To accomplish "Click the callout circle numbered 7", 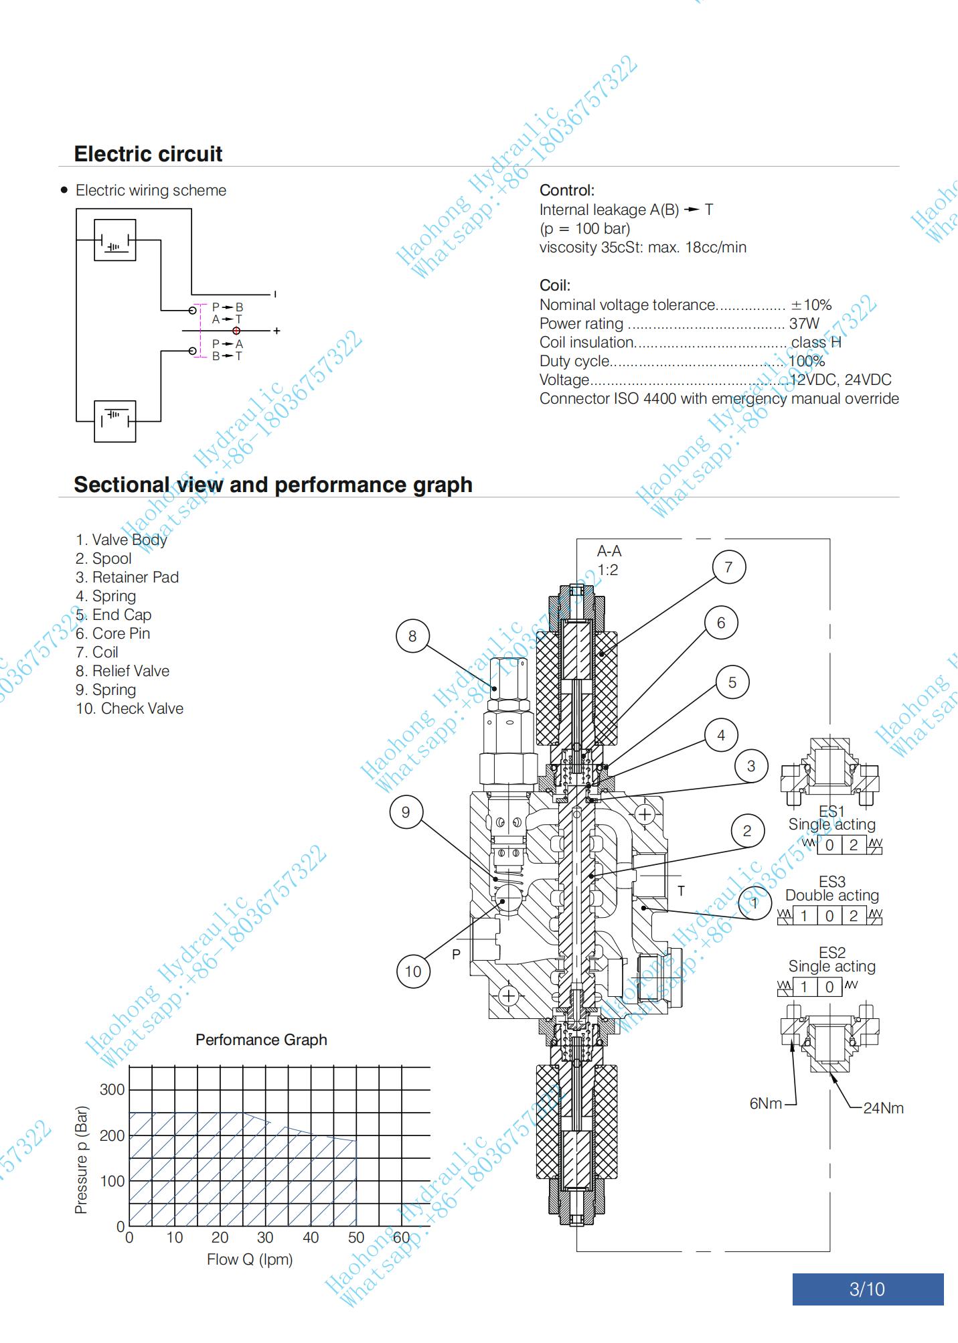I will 728,567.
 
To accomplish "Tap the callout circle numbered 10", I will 413,971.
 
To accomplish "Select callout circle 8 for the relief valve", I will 412,636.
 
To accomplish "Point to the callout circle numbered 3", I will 751,766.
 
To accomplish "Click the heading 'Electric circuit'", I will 148,154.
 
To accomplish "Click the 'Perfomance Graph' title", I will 261,1040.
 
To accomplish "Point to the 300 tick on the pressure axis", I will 112,1089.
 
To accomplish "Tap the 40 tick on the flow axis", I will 311,1237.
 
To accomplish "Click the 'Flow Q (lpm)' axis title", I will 250,1259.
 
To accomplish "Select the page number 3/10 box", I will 868,1289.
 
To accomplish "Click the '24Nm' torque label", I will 883,1108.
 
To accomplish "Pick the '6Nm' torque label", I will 766,1103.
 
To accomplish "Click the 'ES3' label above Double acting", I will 832,882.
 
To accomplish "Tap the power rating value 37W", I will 804,323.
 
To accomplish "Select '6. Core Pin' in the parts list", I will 113,633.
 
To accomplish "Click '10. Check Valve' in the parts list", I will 129,708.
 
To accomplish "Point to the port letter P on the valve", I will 456,954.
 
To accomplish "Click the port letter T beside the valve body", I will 681,890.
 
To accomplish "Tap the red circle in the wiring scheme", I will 236,331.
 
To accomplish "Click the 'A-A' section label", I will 609,551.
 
